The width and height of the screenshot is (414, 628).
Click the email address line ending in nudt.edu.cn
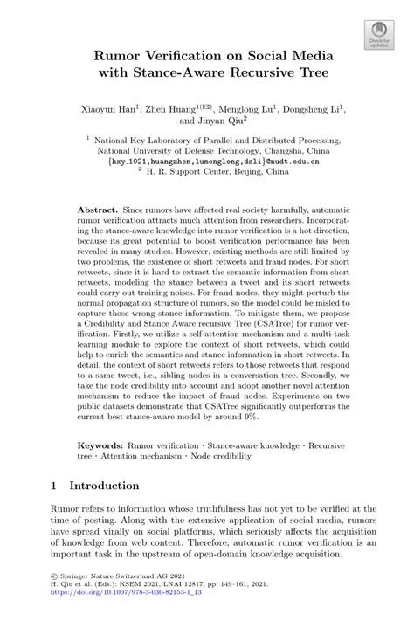[x=207, y=162]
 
